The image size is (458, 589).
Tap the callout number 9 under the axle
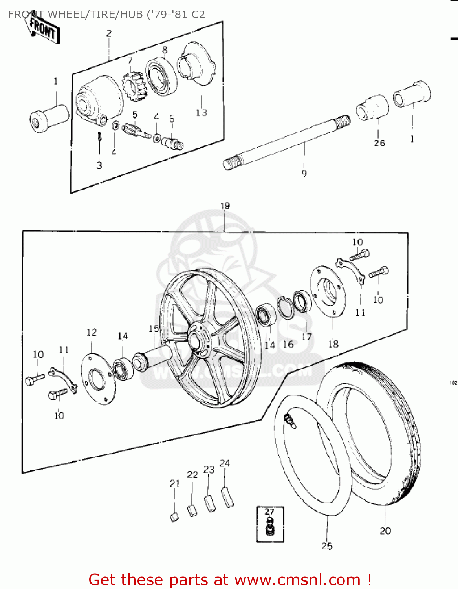[304, 174]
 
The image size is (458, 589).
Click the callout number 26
[379, 143]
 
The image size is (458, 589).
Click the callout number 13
[201, 113]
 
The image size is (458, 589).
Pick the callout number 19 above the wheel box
[225, 206]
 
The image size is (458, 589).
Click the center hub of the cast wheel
[198, 338]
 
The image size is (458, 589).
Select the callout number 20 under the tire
[385, 531]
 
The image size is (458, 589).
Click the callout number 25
[327, 546]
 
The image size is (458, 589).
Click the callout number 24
[225, 463]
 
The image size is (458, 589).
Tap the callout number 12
[92, 333]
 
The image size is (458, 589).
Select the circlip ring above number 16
[286, 307]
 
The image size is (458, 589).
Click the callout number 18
[333, 344]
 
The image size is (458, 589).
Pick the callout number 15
[154, 328]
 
